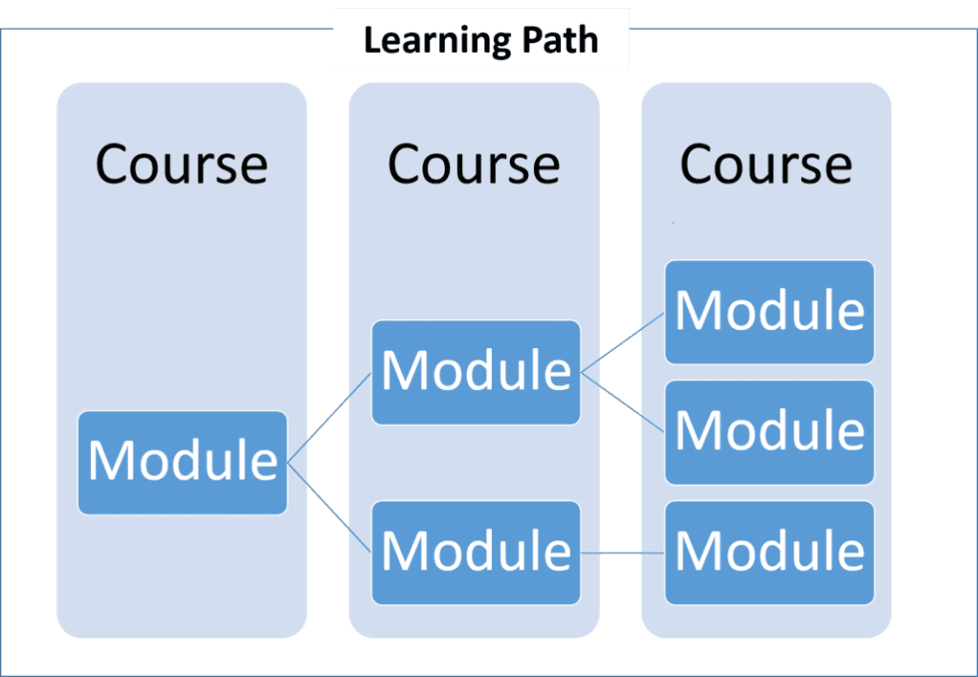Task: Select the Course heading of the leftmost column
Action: click(182, 164)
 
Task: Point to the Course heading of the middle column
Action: click(474, 164)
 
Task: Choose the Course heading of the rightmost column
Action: click(766, 164)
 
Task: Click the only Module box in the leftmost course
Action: click(183, 462)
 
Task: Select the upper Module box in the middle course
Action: click(476, 372)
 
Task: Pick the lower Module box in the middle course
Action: click(476, 551)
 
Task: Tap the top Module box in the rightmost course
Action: click(769, 311)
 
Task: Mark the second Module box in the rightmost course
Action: click(769, 431)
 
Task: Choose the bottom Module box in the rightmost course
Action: click(769, 551)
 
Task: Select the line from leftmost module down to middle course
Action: click(329, 508)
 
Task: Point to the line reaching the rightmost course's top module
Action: click(624, 341)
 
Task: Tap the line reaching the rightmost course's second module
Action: click(624, 403)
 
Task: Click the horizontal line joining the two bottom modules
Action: click(624, 552)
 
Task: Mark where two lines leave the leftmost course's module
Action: click(288, 463)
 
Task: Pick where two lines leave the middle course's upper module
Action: click(582, 373)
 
